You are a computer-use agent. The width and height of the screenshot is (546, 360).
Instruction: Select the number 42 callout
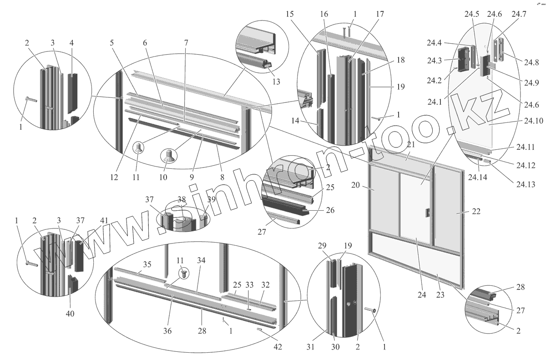[x=278, y=347]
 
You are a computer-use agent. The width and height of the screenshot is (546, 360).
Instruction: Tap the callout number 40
[x=70, y=313]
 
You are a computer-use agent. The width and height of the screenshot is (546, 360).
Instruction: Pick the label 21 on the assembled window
[x=411, y=144]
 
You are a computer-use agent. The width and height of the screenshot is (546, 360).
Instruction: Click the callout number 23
[x=440, y=294]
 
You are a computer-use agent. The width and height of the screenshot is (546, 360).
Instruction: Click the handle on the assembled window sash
[x=427, y=213]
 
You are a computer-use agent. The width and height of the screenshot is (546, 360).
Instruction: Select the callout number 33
[x=249, y=285]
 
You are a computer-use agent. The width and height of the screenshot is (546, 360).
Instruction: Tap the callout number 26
[x=330, y=211]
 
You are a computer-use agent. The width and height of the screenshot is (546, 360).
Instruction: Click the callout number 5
[x=112, y=42]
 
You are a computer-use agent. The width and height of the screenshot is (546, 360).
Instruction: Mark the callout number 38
[x=182, y=199]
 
